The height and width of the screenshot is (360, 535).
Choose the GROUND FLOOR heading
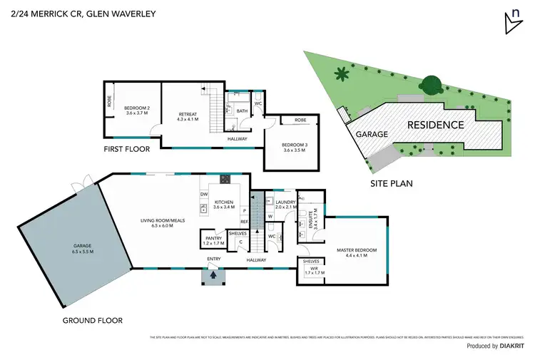pos(91,321)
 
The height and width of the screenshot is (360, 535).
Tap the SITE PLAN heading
pos(391,183)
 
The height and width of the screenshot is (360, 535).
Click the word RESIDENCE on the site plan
pos(435,125)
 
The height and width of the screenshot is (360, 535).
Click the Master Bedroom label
pos(356,252)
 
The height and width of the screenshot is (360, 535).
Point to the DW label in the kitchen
pos(203,193)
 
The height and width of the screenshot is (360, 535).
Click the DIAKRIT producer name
pos(514,346)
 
